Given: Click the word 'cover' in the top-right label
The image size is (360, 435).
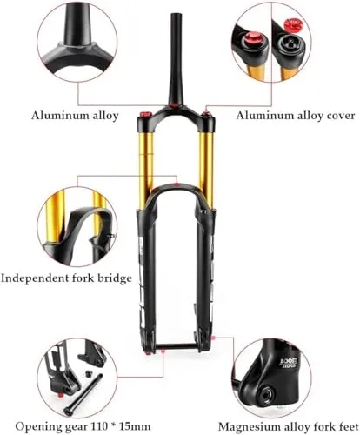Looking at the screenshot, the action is [341, 116].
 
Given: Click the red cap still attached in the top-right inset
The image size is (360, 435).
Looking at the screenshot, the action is [252, 38].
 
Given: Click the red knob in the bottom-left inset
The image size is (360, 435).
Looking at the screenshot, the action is [60, 395].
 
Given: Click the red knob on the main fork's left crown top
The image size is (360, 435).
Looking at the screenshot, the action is [144, 114].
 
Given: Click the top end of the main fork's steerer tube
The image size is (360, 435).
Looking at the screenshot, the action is [176, 14].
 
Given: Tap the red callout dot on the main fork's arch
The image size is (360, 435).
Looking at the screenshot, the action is [177, 184].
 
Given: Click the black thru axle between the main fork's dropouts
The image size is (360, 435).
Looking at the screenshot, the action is [177, 347].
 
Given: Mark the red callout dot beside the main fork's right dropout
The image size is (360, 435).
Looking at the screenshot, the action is [214, 337].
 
